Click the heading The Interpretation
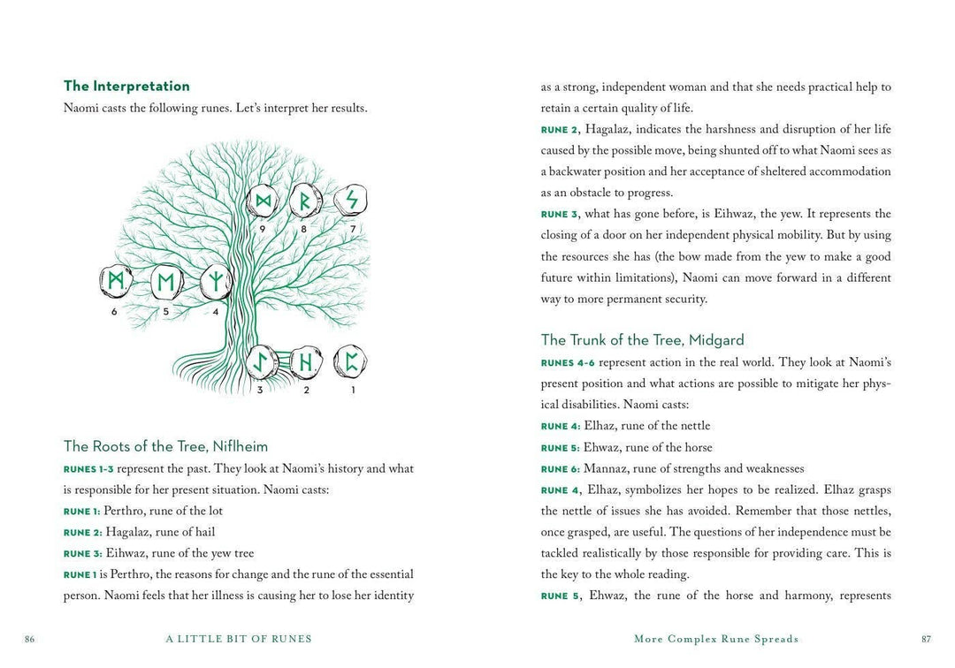[x=126, y=86]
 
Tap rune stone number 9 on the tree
[x=263, y=202]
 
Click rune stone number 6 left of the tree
[x=115, y=282]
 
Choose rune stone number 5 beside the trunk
[x=165, y=283]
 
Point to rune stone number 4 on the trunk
[x=215, y=282]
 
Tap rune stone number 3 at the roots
[x=260, y=361]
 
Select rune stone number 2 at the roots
[x=306, y=361]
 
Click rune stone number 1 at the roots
[x=351, y=361]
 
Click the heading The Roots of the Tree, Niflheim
[x=165, y=446]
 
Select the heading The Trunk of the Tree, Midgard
[x=642, y=340]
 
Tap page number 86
[x=30, y=639]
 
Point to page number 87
[x=926, y=639]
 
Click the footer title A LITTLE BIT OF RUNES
[x=239, y=639]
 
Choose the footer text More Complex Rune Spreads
[x=716, y=639]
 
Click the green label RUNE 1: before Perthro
[x=81, y=512]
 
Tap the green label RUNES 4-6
[x=568, y=363]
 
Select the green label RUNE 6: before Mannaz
[x=560, y=469]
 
